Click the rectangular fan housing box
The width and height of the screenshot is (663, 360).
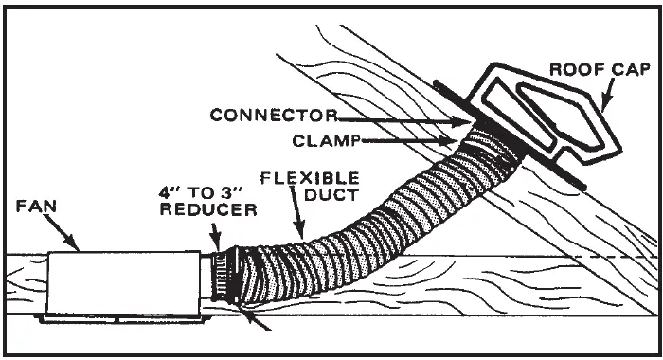coord(123,282)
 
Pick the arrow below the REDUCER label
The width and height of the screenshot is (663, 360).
coord(217,239)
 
